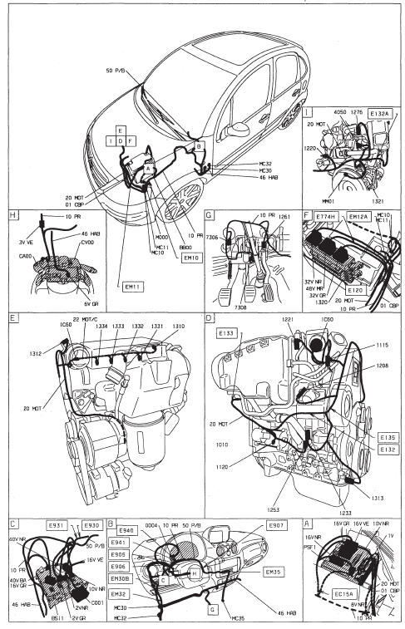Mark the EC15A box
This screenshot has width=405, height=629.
(334, 593)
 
